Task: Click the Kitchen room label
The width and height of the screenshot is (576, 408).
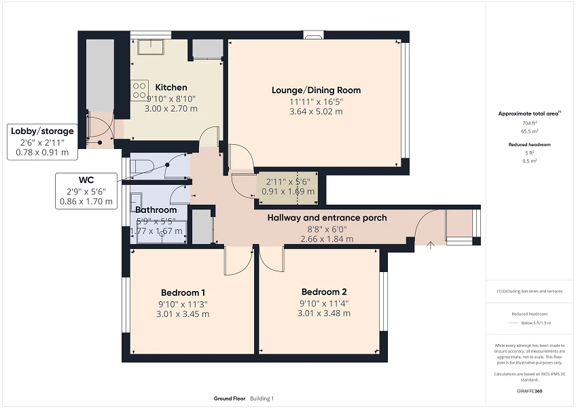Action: (x=171, y=88)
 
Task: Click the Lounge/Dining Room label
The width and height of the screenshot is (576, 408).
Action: (x=316, y=90)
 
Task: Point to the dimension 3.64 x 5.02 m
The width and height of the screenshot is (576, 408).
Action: (x=316, y=112)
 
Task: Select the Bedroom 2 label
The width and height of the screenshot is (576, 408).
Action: (x=324, y=292)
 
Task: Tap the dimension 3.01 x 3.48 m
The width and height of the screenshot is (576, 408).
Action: (x=324, y=313)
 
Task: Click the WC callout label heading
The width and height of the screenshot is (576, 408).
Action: (x=86, y=180)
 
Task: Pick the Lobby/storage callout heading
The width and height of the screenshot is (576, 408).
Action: (x=42, y=131)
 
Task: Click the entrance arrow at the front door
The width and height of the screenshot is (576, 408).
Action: (x=431, y=245)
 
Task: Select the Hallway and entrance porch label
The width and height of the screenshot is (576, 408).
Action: (x=327, y=218)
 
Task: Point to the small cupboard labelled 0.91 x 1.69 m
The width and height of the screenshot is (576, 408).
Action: (x=287, y=186)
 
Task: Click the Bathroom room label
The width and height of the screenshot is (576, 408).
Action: (x=156, y=210)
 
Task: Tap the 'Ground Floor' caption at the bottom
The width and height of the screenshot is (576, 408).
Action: (x=229, y=398)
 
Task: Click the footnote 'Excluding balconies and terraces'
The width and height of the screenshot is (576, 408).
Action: (x=530, y=291)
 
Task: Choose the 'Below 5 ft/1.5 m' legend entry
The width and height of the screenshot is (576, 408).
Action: (x=530, y=324)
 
